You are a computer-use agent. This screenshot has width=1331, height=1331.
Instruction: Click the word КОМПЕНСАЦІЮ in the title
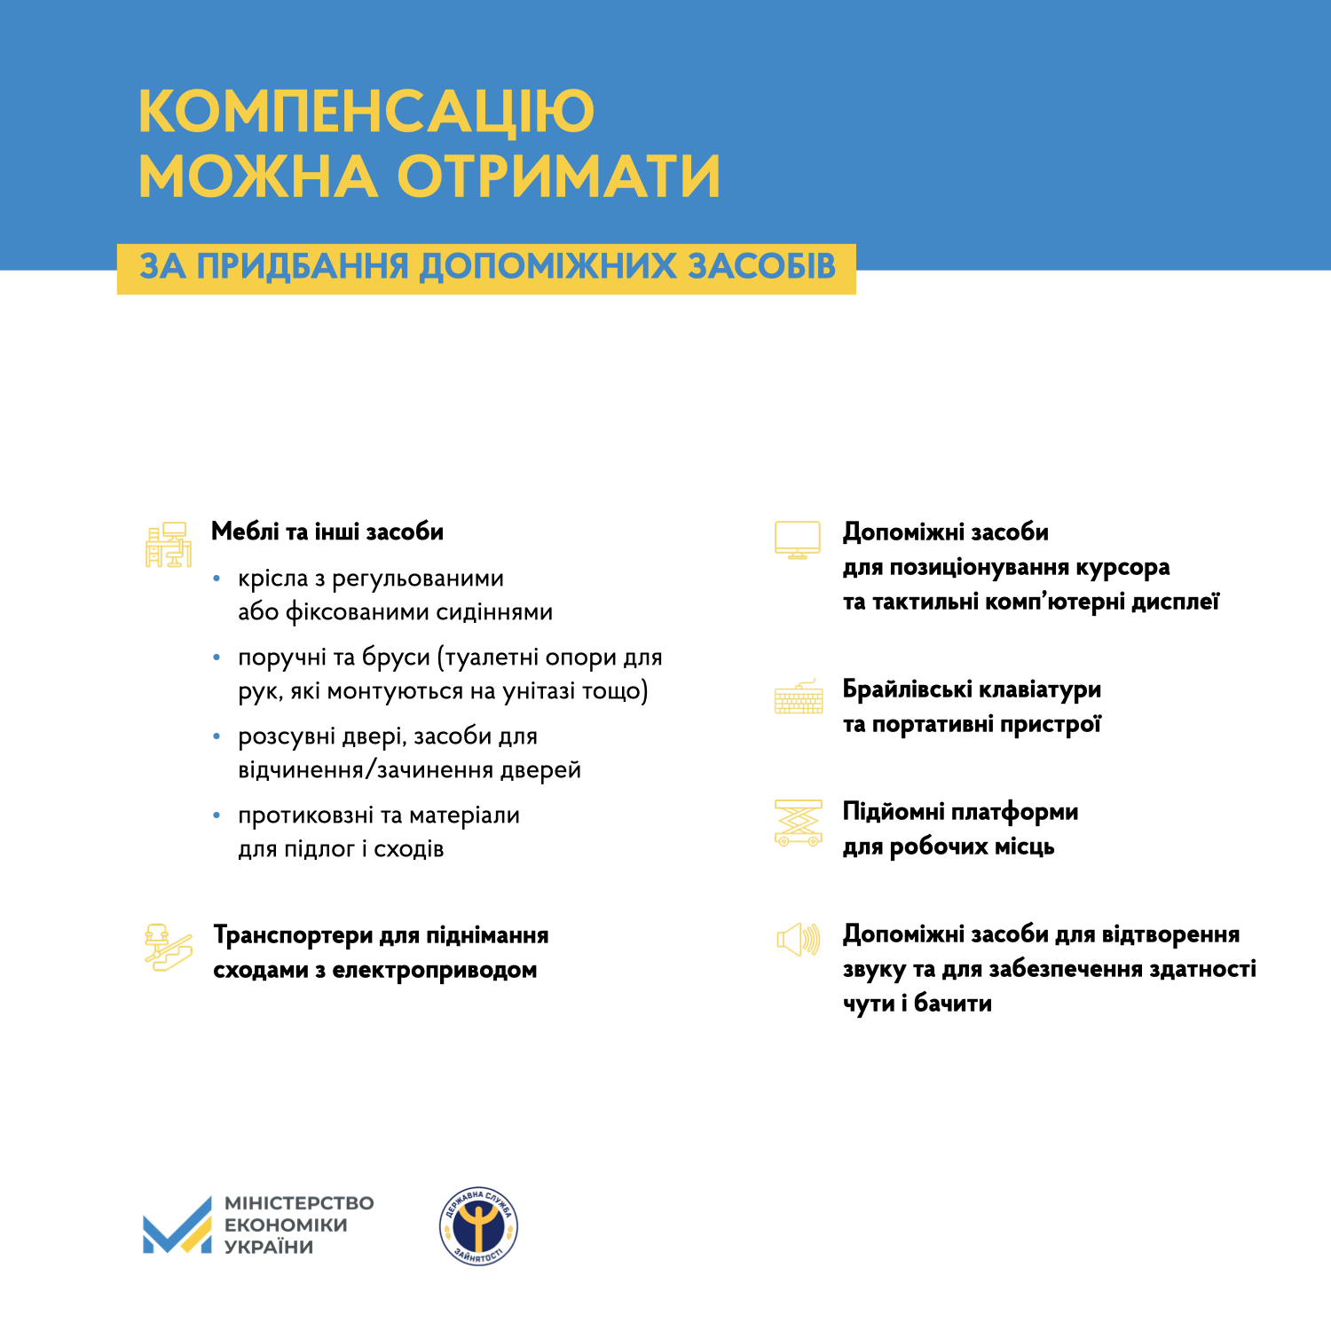[x=366, y=112]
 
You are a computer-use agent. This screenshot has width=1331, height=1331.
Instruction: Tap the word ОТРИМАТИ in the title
[x=558, y=176]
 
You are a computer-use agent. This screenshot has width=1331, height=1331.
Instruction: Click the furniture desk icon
[x=169, y=544]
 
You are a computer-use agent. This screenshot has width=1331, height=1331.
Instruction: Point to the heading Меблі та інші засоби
[x=327, y=532]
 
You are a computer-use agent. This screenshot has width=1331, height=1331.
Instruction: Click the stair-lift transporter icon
[x=168, y=947]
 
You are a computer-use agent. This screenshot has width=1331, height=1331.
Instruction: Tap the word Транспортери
[x=293, y=935]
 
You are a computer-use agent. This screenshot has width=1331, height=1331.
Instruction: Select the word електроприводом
[x=434, y=970]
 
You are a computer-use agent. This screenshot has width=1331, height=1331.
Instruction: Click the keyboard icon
[x=799, y=697]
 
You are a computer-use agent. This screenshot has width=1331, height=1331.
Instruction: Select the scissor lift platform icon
[x=798, y=823]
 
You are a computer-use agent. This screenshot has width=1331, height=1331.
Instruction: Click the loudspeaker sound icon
[x=798, y=939]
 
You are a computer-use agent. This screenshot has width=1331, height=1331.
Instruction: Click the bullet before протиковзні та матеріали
[x=217, y=815]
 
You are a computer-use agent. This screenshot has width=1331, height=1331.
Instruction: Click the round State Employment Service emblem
[x=479, y=1226]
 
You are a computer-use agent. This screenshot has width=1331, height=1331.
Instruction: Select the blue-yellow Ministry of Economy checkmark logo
[x=177, y=1225]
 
